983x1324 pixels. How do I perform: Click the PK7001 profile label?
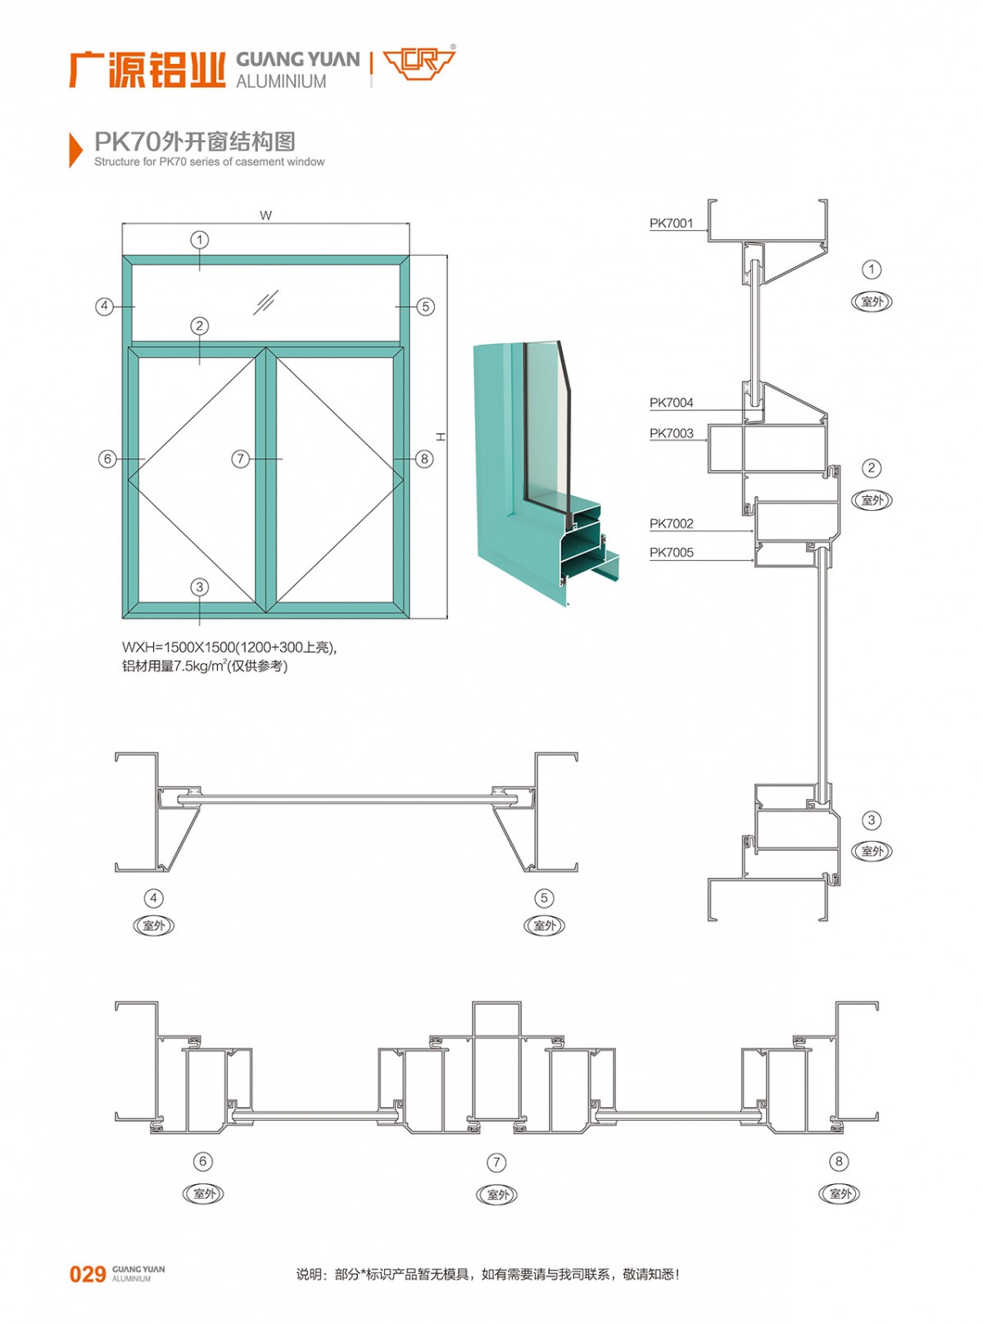[671, 223]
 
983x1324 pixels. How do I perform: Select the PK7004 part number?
[671, 402]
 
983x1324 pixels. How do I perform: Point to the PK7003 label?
[671, 433]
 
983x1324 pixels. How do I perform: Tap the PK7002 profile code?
[671, 523]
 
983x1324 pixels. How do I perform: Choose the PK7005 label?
[671, 552]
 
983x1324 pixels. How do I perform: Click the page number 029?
[88, 1274]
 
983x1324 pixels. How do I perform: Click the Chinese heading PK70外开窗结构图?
[194, 142]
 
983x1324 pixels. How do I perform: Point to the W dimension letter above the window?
[265, 215]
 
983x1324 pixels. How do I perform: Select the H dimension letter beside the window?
[441, 437]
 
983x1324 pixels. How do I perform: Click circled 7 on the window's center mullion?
[240, 459]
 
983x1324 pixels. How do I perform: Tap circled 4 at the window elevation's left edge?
[104, 306]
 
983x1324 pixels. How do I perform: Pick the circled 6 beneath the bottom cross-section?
[202, 1161]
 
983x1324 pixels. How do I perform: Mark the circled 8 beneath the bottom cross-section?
[839, 1161]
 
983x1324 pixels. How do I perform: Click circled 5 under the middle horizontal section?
[544, 898]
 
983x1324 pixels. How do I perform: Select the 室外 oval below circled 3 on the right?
[872, 852]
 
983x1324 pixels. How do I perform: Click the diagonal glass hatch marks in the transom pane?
[265, 302]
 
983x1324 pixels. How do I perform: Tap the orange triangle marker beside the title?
[75, 149]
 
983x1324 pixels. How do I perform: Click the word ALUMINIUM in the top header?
[281, 81]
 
